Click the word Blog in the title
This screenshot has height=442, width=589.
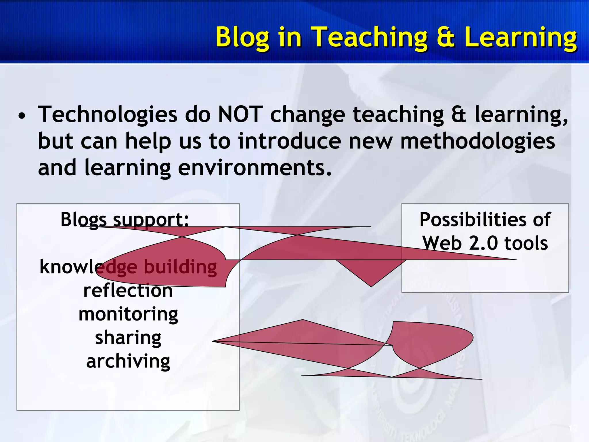242,37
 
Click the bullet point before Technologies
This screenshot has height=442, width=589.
22,117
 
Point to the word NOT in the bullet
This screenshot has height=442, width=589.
240,114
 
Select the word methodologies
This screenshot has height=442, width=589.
477,141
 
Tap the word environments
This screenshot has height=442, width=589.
255,168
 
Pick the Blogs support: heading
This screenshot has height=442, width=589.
125,220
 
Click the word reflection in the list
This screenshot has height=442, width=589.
128,291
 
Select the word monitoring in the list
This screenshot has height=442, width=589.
128,314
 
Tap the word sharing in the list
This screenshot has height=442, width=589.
128,338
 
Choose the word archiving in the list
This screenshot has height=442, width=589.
128,361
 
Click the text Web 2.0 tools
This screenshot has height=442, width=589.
485,243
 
